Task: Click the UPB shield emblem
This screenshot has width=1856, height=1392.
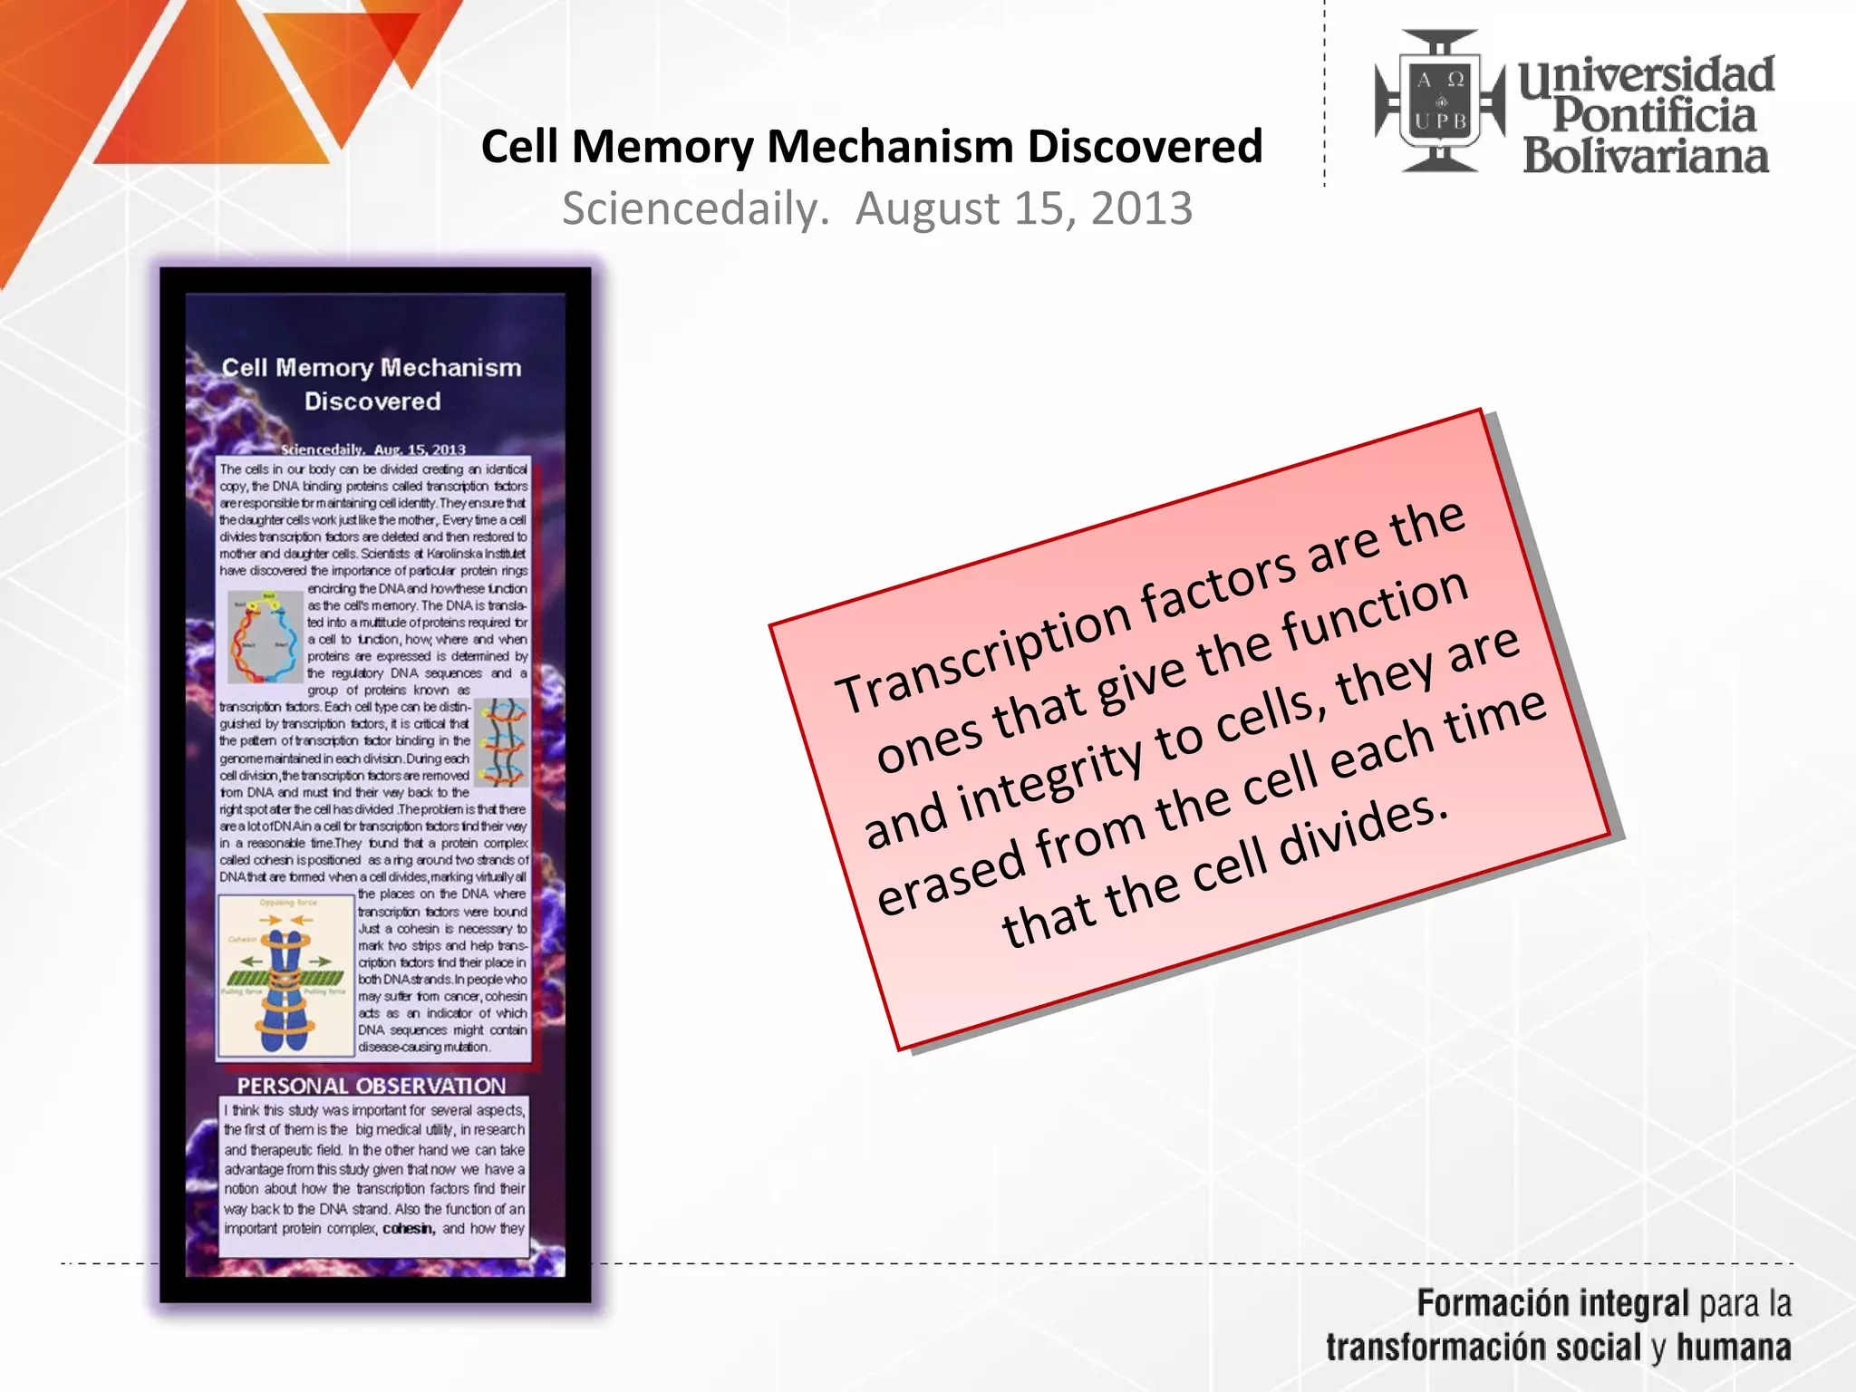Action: pyautogui.click(x=1439, y=101)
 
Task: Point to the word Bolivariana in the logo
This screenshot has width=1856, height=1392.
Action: pyautogui.click(x=1645, y=156)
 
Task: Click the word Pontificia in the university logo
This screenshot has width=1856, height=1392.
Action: pyautogui.click(x=1654, y=115)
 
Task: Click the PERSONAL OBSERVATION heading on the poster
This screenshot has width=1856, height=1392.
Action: pyautogui.click(x=372, y=1086)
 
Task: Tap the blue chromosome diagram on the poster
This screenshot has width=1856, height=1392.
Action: pyautogui.click(x=285, y=976)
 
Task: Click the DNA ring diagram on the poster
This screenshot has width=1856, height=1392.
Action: pyautogui.click(x=265, y=636)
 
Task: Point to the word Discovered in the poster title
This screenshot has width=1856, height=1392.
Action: pyautogui.click(x=372, y=401)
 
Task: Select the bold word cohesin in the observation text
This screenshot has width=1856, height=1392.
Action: pyautogui.click(x=409, y=1229)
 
